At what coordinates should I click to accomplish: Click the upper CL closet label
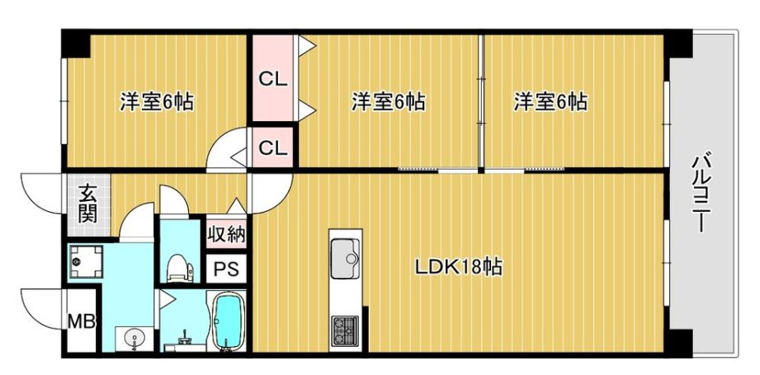tap(272, 80)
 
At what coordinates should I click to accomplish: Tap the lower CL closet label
tap(272, 148)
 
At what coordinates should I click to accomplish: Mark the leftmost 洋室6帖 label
tap(157, 103)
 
